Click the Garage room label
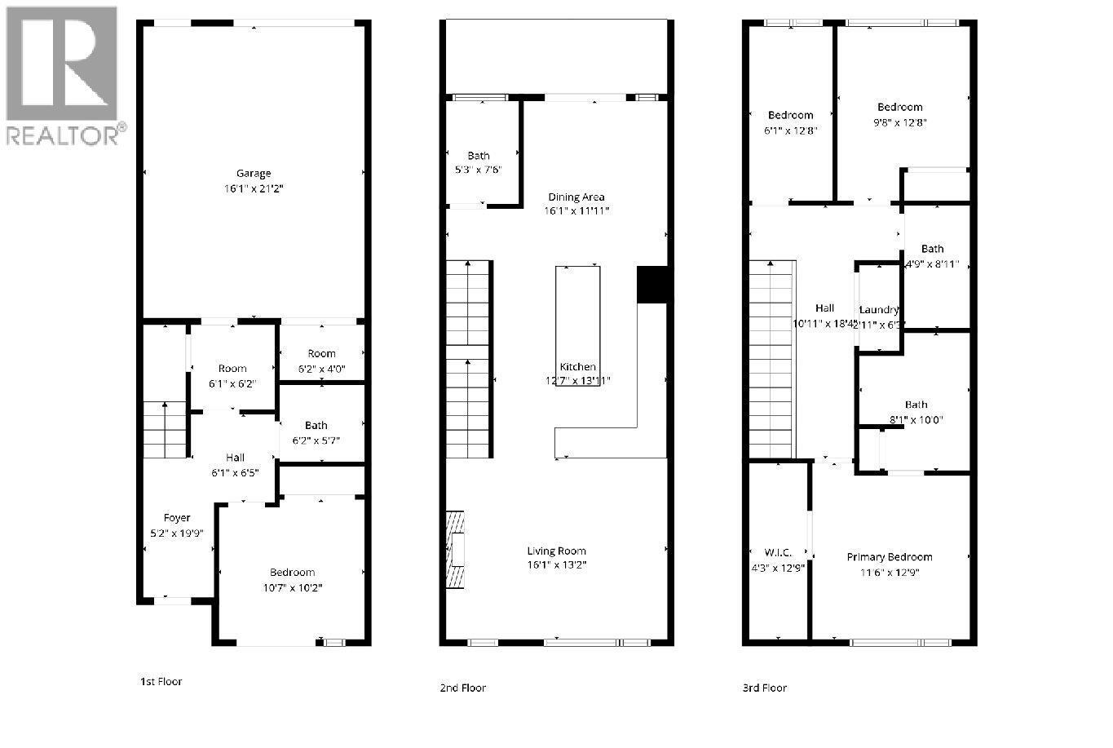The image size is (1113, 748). pyautogui.click(x=253, y=173)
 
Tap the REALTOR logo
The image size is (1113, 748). pyautogui.click(x=63, y=76)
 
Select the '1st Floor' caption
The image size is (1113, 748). pyautogui.click(x=161, y=681)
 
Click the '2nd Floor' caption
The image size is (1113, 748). pyautogui.click(x=462, y=688)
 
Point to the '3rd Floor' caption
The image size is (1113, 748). pyautogui.click(x=764, y=688)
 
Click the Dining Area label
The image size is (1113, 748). pyautogui.click(x=576, y=197)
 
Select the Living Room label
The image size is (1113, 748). pyautogui.click(x=556, y=551)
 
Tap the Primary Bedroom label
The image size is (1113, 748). pyautogui.click(x=889, y=557)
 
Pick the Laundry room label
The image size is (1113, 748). pyautogui.click(x=879, y=310)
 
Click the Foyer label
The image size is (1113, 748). pyautogui.click(x=177, y=518)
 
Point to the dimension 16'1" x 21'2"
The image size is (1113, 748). pyautogui.click(x=253, y=188)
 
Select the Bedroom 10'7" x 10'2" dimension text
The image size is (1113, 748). pyautogui.click(x=292, y=586)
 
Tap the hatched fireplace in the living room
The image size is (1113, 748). pyautogui.click(x=455, y=549)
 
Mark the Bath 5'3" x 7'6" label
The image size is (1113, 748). pyautogui.click(x=479, y=156)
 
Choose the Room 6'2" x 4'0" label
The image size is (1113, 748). pyautogui.click(x=321, y=353)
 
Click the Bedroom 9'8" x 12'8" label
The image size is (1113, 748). pyautogui.click(x=900, y=107)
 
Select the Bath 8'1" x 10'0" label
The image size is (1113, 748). pyautogui.click(x=916, y=405)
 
